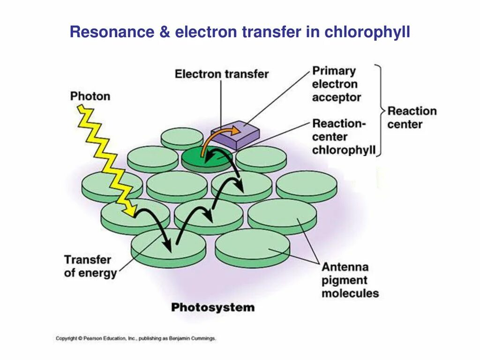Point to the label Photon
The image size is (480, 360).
[90, 97]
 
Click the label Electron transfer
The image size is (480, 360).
[222, 74]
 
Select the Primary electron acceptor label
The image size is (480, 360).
[336, 84]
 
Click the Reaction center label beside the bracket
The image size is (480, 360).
[412, 118]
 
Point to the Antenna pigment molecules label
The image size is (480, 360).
[350, 280]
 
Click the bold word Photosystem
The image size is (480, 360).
[213, 308]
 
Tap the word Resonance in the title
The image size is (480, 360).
[112, 32]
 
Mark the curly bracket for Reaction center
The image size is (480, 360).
[381, 111]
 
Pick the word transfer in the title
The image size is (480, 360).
[268, 32]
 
